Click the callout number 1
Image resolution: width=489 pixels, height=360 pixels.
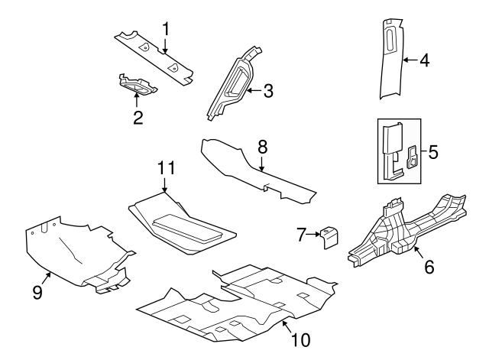[x=165, y=28]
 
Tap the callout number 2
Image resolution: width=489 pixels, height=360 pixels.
[x=138, y=117]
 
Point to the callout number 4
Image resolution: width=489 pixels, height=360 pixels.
[x=425, y=60]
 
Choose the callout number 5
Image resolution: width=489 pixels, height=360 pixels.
[x=432, y=152]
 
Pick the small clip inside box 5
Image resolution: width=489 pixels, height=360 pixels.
[x=413, y=157]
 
